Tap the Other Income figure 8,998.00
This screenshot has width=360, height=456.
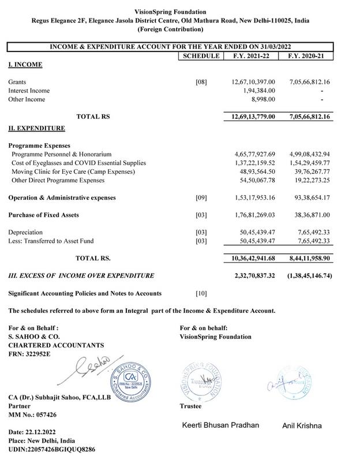(x=263, y=99)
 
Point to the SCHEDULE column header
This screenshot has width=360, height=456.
(x=200, y=56)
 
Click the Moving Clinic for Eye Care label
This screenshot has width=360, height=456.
(x=73, y=172)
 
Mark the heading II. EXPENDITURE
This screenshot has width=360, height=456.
(x=36, y=128)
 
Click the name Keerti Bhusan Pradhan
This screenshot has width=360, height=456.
(x=221, y=425)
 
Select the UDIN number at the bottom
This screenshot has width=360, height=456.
(x=51, y=448)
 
